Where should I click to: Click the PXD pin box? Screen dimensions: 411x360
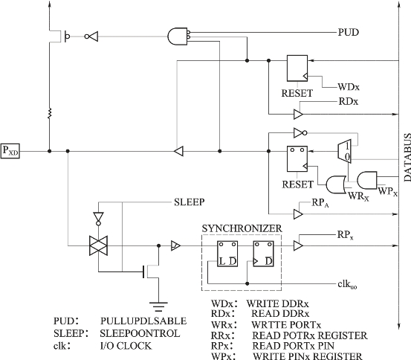(10, 151)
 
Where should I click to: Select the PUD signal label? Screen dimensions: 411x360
(349, 32)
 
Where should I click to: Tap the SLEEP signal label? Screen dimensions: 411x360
(190, 202)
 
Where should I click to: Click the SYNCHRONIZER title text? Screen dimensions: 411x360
(242, 228)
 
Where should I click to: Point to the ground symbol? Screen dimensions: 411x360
(158, 306)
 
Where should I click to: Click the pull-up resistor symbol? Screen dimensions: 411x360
(50, 113)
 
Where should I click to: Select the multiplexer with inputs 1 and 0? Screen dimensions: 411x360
(344, 152)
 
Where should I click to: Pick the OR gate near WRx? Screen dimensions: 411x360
(336, 184)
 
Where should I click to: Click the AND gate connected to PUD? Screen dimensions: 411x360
(178, 36)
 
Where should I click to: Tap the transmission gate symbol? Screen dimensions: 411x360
(98, 245)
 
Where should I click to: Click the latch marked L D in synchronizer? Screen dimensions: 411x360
(227, 254)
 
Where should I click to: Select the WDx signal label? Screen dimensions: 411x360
(349, 87)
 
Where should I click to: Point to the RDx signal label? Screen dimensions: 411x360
(349, 102)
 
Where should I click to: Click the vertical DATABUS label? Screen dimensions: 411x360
(407, 158)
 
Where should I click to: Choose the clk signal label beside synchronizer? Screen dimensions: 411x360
(347, 284)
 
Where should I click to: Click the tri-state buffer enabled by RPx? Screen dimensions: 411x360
(298, 245)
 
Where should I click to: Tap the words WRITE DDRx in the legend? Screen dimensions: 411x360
(277, 304)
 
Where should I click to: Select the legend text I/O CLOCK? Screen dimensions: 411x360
(126, 346)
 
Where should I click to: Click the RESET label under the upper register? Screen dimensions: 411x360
(297, 93)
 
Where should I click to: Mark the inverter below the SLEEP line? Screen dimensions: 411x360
(98, 219)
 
